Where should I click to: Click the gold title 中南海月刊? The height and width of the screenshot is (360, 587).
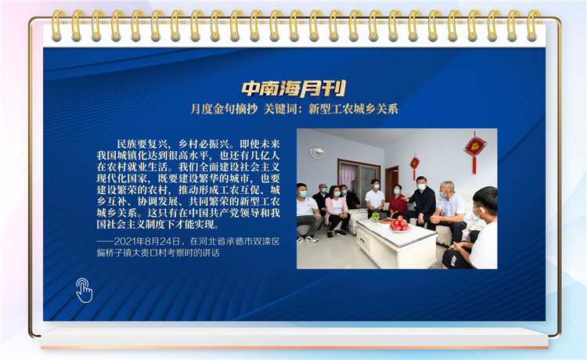tap(293, 88)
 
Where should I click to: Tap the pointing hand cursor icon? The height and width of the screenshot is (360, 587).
tap(84, 290)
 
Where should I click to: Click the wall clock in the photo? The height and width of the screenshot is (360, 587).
tap(317, 153)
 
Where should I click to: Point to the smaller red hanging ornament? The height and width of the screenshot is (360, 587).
tap(414, 164)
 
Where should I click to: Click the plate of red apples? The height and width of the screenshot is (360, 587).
tap(399, 225)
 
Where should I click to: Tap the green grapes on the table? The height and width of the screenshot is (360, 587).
tap(375, 216)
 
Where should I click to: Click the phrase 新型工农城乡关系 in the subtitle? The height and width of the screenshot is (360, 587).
tap(353, 109)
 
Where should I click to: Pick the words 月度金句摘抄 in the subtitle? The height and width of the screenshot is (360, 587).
tap(224, 109)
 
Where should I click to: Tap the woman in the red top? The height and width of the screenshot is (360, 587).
tap(397, 201)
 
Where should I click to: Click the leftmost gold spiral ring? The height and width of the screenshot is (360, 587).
tap(57, 25)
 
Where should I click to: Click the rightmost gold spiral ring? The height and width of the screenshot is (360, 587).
tap(533, 25)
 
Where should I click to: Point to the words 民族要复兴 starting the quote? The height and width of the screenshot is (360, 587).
tap(142, 144)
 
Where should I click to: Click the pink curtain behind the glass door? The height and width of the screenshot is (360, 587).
tap(348, 177)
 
